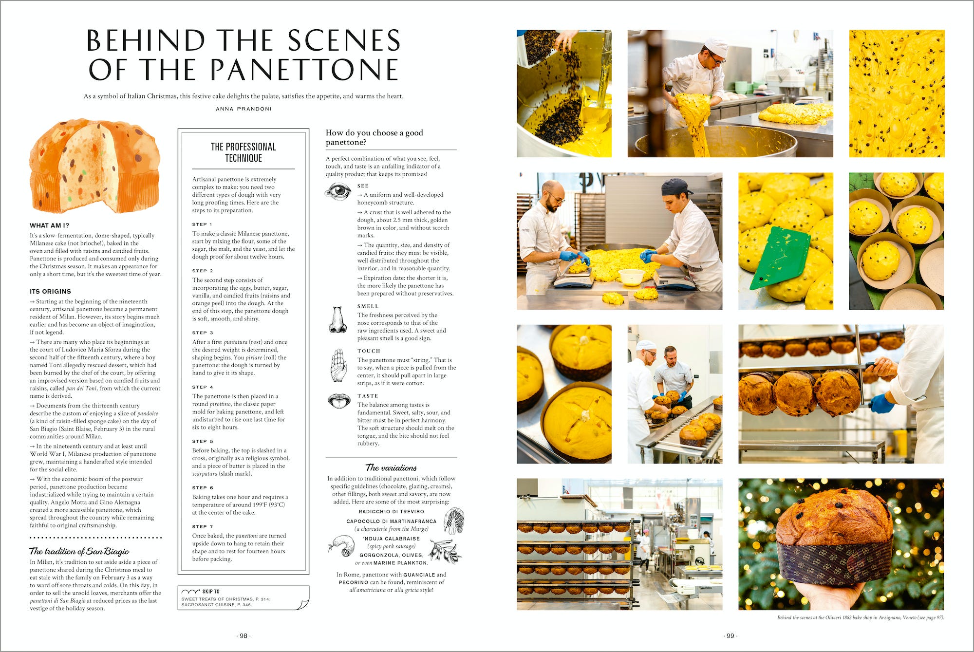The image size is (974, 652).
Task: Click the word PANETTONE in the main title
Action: click(305, 69)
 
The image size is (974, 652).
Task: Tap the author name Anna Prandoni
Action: click(243, 109)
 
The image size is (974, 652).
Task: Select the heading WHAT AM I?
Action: click(49, 225)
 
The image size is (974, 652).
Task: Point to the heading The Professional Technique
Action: click(243, 152)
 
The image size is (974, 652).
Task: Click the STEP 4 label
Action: click(202, 387)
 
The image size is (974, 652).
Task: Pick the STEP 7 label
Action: click(202, 526)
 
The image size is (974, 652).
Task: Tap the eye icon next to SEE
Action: click(337, 191)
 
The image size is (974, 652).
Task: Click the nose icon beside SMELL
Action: click(337, 320)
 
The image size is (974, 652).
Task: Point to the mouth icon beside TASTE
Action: click(338, 401)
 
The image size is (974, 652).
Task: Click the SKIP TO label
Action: click(210, 591)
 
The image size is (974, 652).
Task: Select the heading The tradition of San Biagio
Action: click(79, 551)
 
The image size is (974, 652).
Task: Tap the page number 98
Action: click(243, 636)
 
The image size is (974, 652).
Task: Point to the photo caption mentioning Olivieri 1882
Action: click(860, 617)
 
